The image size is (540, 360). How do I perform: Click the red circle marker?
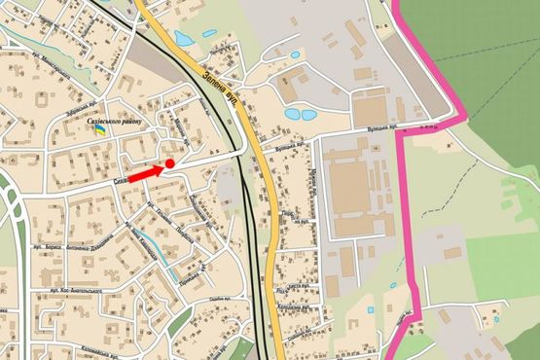click(170, 164)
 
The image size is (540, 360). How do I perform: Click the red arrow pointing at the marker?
click(145, 173)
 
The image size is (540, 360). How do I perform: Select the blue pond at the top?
click(182, 39)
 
